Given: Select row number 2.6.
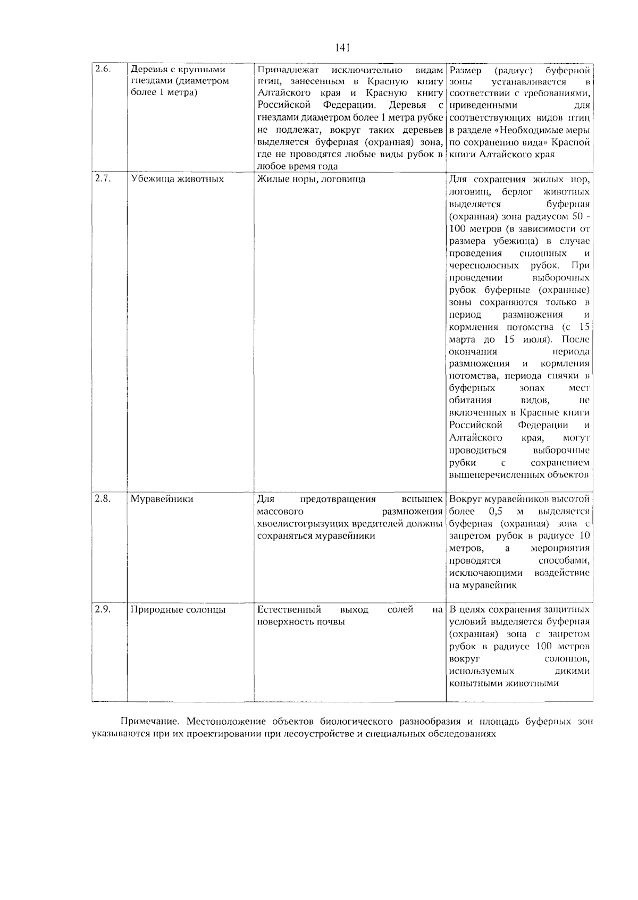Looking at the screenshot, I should [102, 69].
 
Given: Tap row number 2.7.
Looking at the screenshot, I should [102, 179].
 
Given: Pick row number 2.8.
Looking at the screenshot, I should [102, 498].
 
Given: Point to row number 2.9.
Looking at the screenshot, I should [102, 609].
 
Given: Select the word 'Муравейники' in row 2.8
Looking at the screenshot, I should [162, 499].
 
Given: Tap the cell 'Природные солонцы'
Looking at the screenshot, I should [178, 610].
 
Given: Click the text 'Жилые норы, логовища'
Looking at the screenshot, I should [311, 179].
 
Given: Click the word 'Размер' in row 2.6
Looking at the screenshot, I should [465, 70].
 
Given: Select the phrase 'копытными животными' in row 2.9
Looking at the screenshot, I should [504, 683].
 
